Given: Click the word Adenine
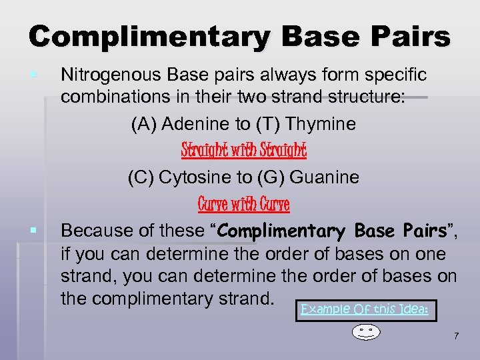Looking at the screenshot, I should (x=189, y=124).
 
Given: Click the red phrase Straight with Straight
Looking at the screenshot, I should (x=243, y=151).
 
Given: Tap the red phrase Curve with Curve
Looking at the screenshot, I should (x=243, y=204).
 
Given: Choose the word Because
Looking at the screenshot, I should (x=93, y=231).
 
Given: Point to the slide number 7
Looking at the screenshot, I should (x=456, y=336).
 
